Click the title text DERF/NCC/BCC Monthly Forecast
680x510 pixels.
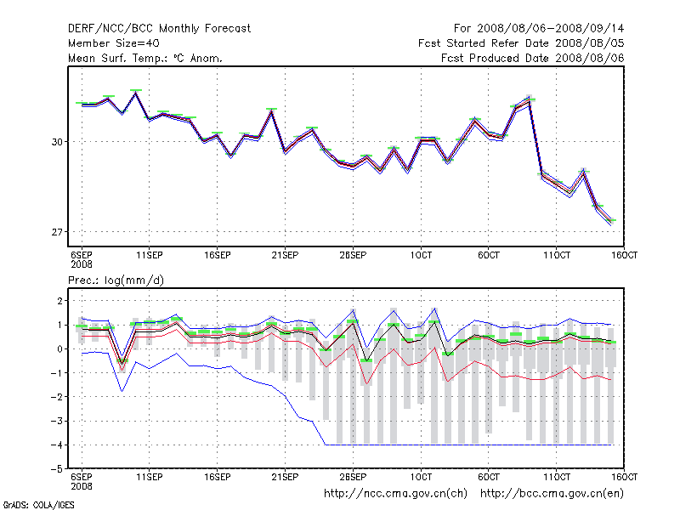pyautogui.click(x=160, y=28)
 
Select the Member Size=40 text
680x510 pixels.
pyautogui.click(x=113, y=43)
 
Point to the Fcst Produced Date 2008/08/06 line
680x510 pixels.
pyautogui.click(x=532, y=58)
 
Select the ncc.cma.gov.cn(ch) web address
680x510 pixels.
pyautogui.click(x=396, y=493)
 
